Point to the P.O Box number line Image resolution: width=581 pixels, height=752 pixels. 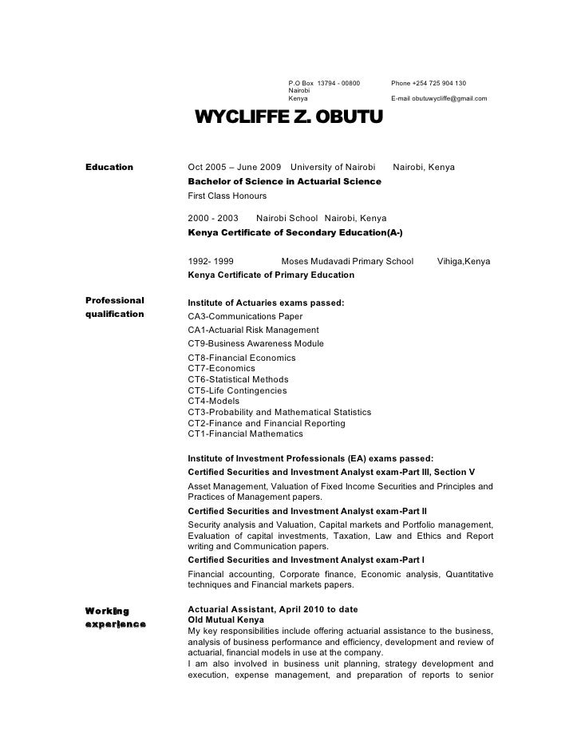tap(324, 84)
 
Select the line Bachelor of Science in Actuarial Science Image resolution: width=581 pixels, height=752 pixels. tap(284, 182)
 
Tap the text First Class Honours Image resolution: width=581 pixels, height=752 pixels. tap(227, 196)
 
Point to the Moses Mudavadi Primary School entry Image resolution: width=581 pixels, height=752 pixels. tap(347, 261)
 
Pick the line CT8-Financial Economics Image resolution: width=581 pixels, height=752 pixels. tap(242, 358)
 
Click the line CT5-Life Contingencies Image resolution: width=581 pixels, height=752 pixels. tap(237, 390)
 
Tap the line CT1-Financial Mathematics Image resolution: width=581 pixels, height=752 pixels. tap(246, 433)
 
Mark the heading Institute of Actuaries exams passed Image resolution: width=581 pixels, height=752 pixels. tap(266, 303)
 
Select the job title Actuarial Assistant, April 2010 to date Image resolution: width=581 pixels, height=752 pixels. tap(272, 610)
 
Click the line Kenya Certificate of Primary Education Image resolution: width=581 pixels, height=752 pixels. tap(271, 275)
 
